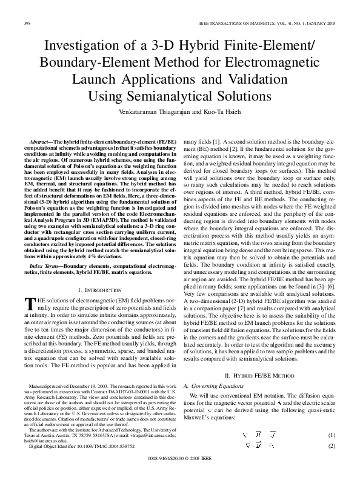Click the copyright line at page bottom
click(x=181, y=459)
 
